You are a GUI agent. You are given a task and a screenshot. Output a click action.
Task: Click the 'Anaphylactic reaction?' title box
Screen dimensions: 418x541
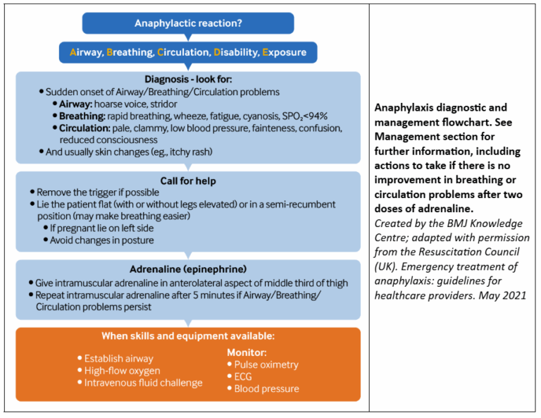188,23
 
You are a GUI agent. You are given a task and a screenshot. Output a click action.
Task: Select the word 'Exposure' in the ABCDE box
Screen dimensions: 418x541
285,52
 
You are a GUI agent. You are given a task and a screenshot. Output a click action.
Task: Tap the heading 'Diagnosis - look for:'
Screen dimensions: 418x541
188,79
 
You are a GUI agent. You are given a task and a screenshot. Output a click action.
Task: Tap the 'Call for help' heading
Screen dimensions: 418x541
188,180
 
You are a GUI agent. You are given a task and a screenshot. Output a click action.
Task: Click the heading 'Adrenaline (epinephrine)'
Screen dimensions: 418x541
188,269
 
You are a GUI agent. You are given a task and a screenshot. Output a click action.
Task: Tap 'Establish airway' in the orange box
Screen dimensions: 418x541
118,358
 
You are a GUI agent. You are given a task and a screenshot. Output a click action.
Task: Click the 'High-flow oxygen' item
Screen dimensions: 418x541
122,371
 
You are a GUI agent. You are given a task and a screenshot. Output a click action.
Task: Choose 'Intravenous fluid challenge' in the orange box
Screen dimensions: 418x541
143,383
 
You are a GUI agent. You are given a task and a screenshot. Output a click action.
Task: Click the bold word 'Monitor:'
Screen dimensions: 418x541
246,352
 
